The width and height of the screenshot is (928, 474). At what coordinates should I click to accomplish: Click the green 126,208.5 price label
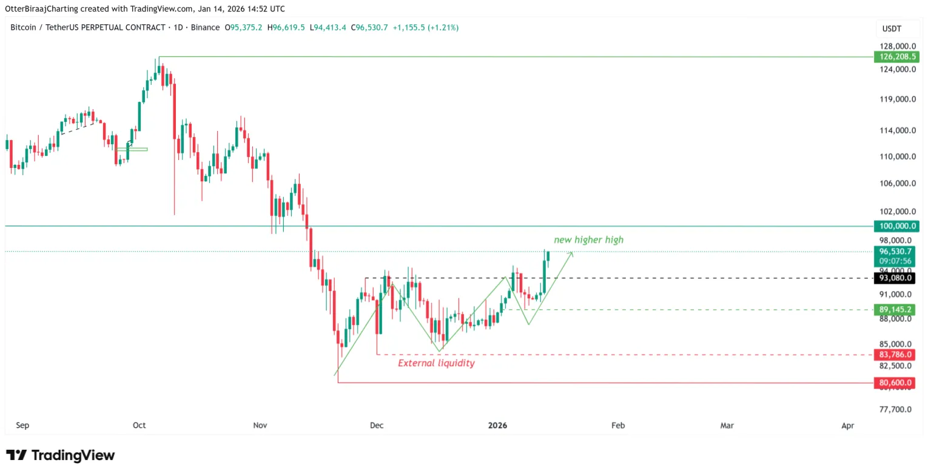coord(896,57)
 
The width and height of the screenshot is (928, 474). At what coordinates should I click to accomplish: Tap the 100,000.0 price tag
coord(896,226)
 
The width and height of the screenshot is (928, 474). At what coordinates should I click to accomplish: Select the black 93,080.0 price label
coord(896,278)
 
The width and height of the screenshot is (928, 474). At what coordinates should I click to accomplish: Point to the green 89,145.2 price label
coord(896,310)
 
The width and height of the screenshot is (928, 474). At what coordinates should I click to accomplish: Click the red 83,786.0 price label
coord(896,355)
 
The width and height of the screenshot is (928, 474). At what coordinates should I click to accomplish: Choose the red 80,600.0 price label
coord(896,383)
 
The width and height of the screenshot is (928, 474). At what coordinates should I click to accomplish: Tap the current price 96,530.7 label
coord(896,251)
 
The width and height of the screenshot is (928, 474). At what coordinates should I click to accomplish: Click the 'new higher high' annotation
coord(588,240)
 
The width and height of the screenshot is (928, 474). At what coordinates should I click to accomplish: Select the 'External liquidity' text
coord(436,363)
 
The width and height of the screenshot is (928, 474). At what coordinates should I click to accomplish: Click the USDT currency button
coord(892,28)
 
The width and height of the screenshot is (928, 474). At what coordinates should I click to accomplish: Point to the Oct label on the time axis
coord(140,426)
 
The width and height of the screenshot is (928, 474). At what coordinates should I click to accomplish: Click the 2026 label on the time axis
coord(497,426)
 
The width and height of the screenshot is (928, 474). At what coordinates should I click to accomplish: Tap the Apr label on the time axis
coord(848,426)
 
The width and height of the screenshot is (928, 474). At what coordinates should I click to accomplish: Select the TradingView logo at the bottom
coord(60,455)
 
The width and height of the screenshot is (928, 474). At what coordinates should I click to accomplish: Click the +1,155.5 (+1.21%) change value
coord(426,28)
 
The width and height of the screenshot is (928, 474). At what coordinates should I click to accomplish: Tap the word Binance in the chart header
coord(205,28)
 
